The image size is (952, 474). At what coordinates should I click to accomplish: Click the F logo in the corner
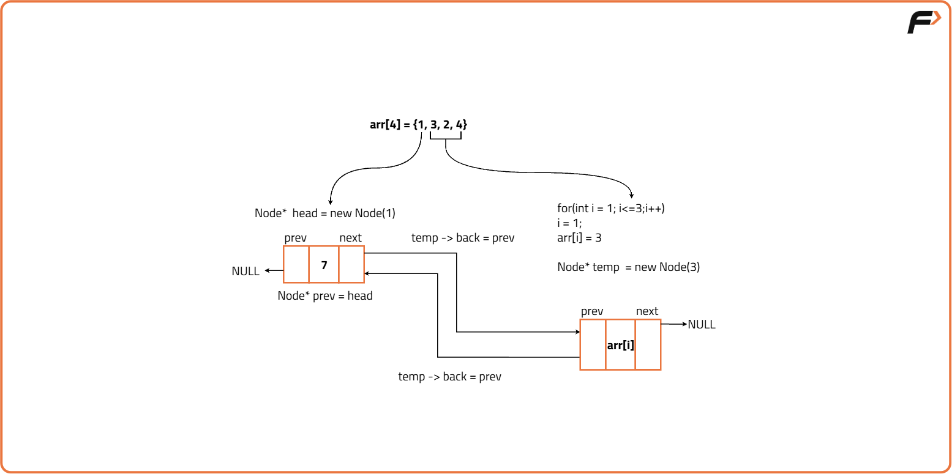pos(923,23)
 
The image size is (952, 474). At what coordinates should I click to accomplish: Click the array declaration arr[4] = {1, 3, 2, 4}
pos(419,124)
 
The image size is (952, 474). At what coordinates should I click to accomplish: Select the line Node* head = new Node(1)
pos(324,213)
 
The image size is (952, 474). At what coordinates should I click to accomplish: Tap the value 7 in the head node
pos(324,265)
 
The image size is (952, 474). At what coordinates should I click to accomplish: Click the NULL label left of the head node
pos(245,271)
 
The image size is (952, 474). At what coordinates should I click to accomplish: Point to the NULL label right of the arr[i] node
pos(702,324)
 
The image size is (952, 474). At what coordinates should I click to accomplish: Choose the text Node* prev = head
pos(324,296)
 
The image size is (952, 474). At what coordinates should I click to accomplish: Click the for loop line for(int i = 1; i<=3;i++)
pos(610,209)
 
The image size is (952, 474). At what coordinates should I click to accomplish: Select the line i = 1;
pos(569,223)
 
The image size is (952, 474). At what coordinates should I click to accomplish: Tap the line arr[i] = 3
pos(579,238)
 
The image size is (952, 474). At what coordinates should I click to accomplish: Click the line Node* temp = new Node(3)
pos(628,267)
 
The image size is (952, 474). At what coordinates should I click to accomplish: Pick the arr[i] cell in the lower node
pos(620,345)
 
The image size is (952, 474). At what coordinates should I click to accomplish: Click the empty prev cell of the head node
pos(296,265)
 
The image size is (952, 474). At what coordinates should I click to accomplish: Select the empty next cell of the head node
pos(351,265)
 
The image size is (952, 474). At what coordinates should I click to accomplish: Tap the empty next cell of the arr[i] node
pos(648,345)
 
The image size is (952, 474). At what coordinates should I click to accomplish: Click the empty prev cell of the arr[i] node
pos(593,345)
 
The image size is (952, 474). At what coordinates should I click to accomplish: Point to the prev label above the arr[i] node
pos(592,311)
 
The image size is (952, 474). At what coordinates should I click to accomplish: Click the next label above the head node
pos(350,238)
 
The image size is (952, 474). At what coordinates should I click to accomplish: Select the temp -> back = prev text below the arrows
pos(449,377)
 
